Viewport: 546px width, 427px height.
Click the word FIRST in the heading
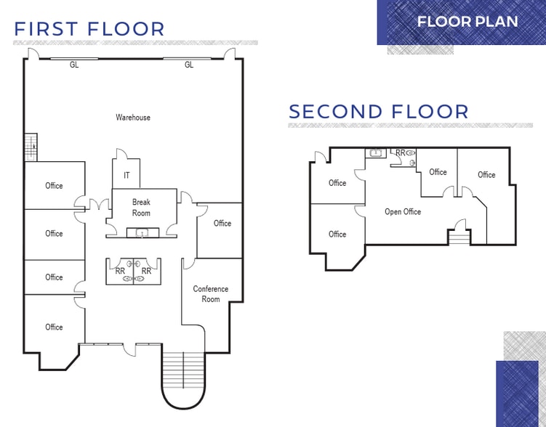pyautogui.click(x=47, y=29)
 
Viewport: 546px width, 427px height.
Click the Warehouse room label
pyautogui.click(x=133, y=117)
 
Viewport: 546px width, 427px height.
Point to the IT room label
pyautogui.click(x=127, y=175)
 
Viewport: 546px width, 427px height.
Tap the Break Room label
pyautogui.click(x=141, y=207)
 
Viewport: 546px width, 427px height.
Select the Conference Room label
pyautogui.click(x=210, y=293)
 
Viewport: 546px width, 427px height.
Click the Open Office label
pyautogui.click(x=403, y=211)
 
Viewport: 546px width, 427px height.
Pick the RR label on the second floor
pyautogui.click(x=400, y=152)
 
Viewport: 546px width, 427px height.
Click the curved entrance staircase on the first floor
pyautogui.click(x=182, y=378)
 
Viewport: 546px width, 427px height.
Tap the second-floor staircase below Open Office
pyautogui.click(x=458, y=237)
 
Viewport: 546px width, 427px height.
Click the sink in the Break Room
pyautogui.click(x=141, y=232)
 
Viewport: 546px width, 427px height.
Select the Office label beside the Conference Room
pyautogui.click(x=222, y=223)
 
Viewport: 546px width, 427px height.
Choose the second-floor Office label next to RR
pyautogui.click(x=438, y=172)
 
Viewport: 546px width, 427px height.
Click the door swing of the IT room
pyautogui.click(x=121, y=155)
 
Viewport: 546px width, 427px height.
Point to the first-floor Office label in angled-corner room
pyautogui.click(x=54, y=327)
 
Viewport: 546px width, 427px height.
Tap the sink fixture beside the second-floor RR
pyautogui.click(x=376, y=153)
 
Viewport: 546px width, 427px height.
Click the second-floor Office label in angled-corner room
pyautogui.click(x=337, y=234)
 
